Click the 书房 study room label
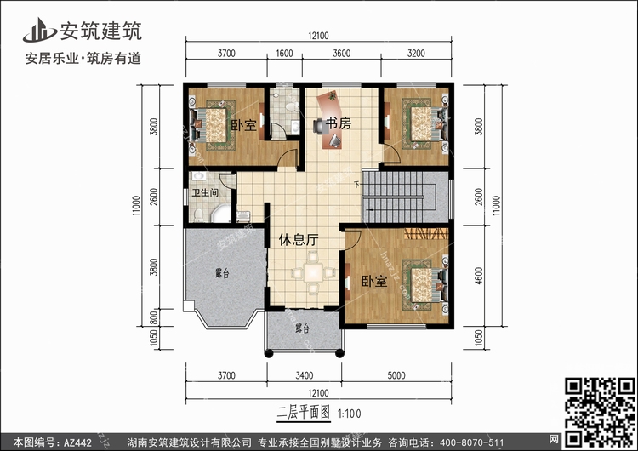338,123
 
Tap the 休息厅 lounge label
299,240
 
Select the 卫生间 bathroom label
206,192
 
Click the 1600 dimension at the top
284,54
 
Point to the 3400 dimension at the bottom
305,375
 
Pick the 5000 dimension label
396,375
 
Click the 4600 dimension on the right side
478,276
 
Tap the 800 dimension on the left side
154,317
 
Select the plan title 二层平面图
303,413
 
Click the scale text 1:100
350,414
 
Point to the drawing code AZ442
77,442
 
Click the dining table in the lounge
313,272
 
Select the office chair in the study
319,126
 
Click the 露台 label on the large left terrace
222,273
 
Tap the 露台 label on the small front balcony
302,328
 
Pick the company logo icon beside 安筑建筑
39,30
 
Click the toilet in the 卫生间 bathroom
198,215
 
